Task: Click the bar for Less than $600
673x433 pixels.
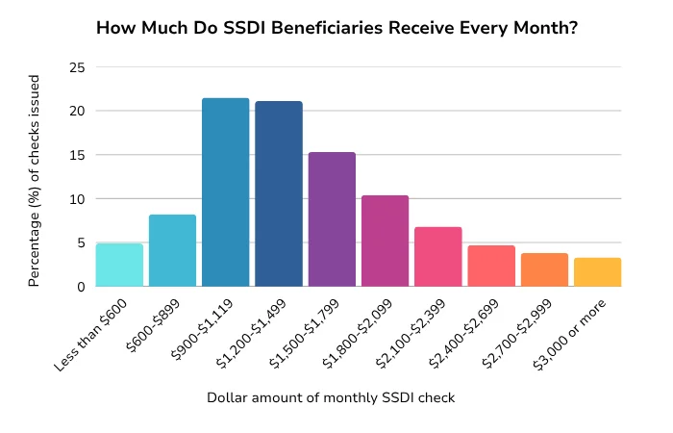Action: [119, 266]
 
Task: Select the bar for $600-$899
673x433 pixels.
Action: [172, 251]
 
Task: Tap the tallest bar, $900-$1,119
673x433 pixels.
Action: [225, 192]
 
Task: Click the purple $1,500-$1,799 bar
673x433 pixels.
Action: [332, 219]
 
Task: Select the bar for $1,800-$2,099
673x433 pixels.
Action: [385, 242]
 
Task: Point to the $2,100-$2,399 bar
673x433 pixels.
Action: [438, 257]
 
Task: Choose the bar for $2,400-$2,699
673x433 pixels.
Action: [491, 267]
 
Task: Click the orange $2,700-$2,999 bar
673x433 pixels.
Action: [544, 270]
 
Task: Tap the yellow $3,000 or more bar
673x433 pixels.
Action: [597, 272]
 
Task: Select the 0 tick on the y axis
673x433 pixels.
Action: [80, 287]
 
